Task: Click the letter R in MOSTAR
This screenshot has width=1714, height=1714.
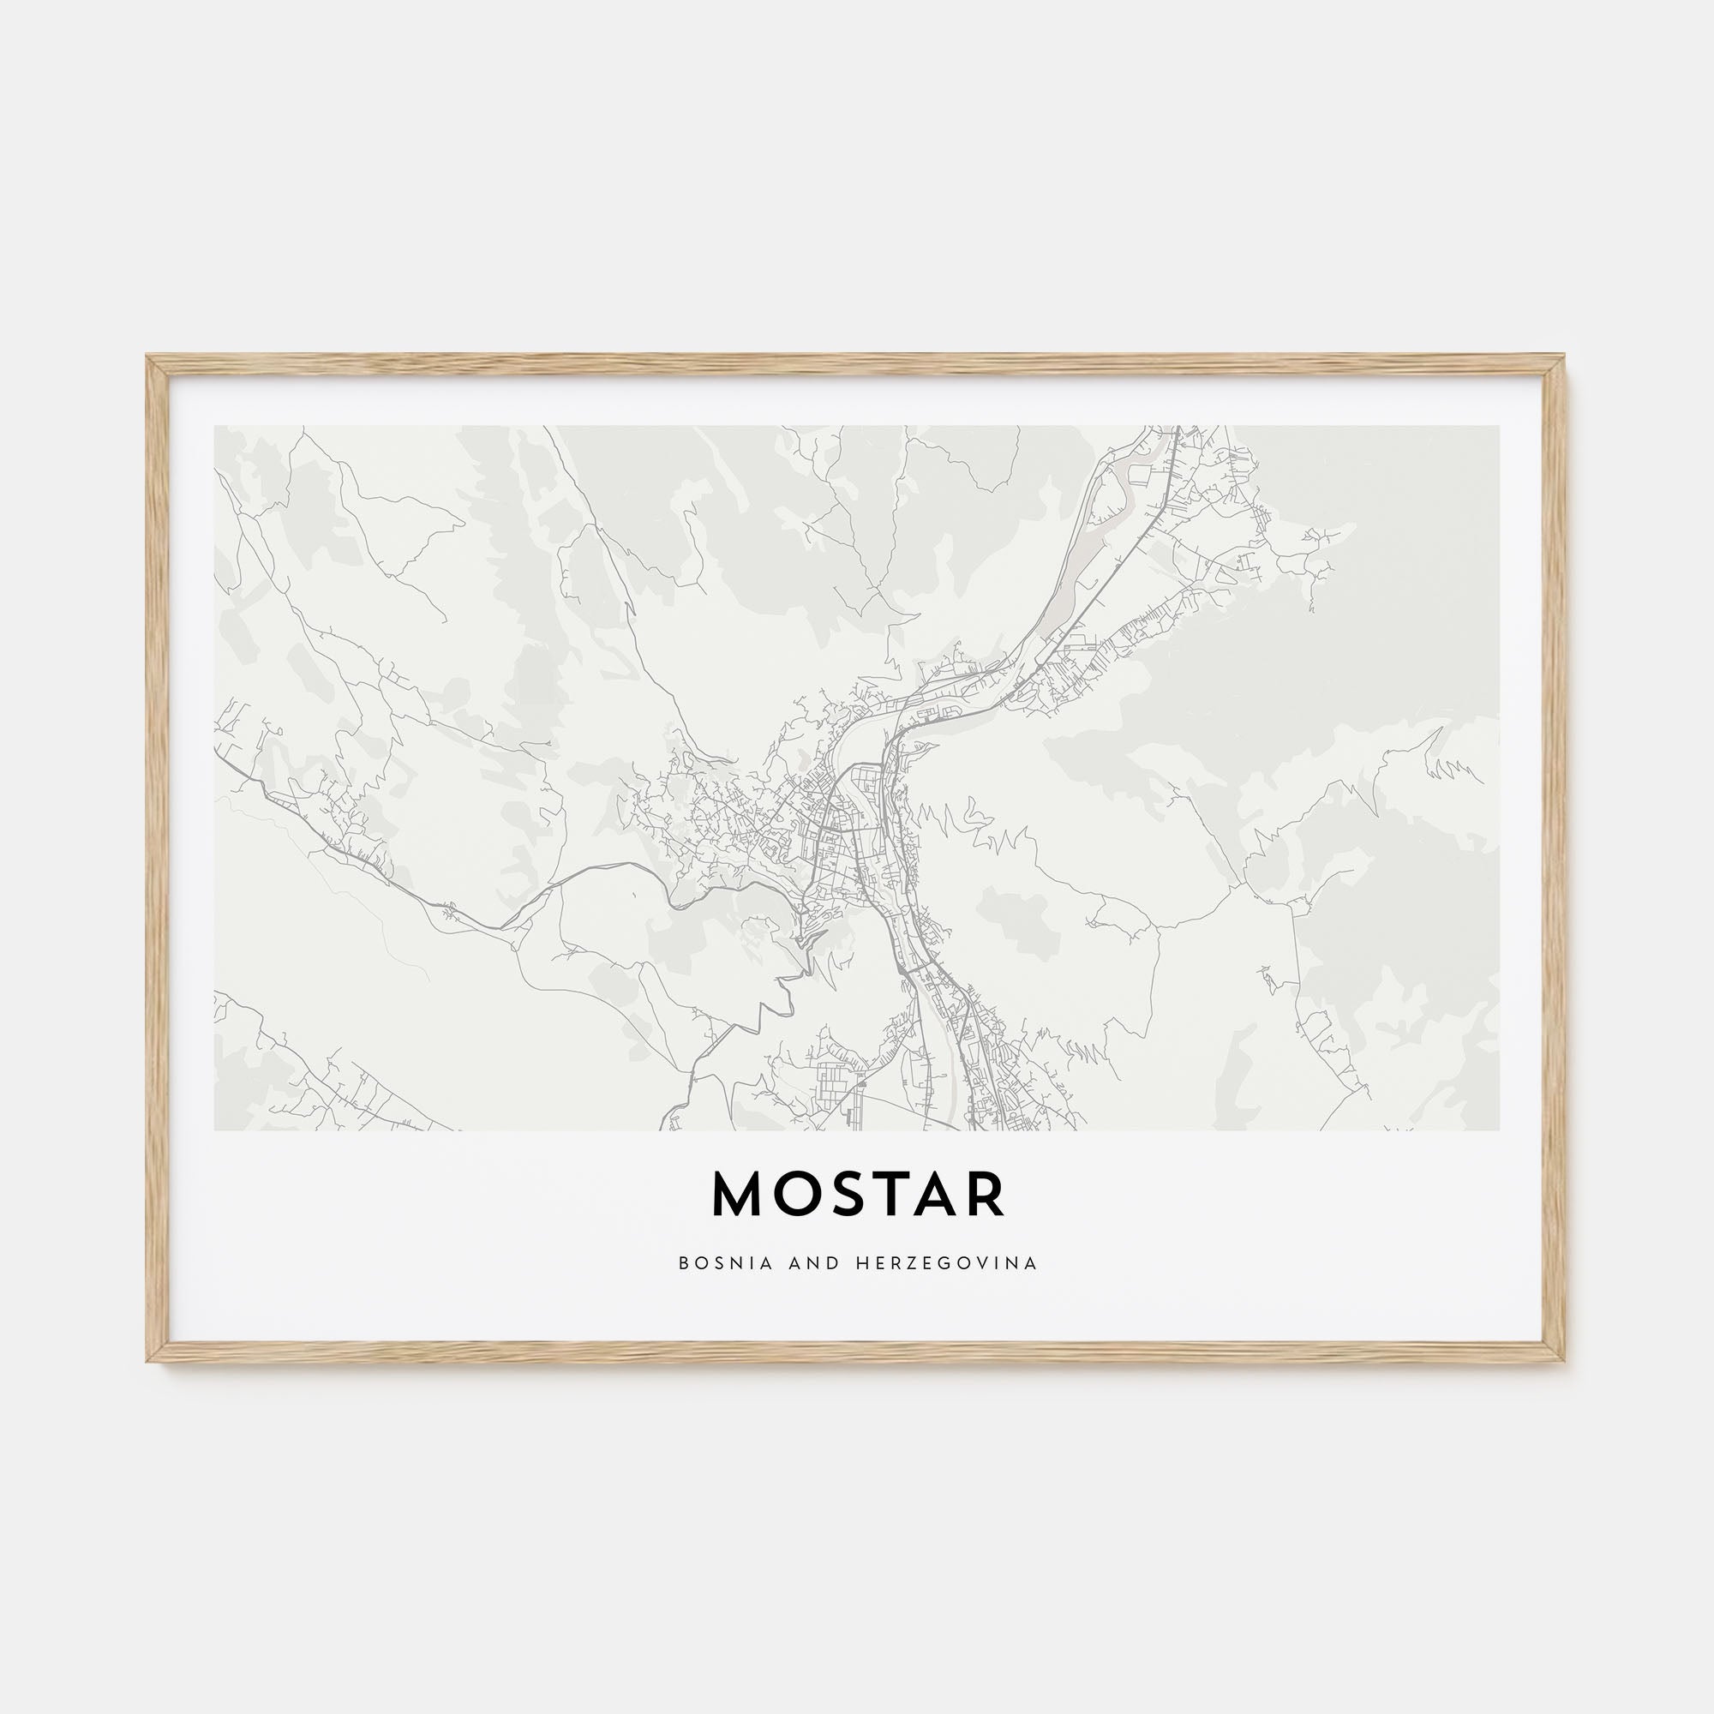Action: pyautogui.click(x=986, y=1195)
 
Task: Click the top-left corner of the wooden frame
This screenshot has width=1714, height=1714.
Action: pyautogui.click(x=148, y=357)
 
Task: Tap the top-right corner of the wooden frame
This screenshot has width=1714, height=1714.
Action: pyautogui.click(x=1565, y=357)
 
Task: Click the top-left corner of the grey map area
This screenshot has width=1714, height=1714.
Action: pyautogui.click(x=216, y=427)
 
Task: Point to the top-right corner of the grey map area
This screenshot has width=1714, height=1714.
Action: pyautogui.click(x=1499, y=427)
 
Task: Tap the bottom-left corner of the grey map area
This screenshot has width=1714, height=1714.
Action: pyautogui.click(x=216, y=1130)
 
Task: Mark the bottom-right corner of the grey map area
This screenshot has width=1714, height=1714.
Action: pyautogui.click(x=1499, y=1130)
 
